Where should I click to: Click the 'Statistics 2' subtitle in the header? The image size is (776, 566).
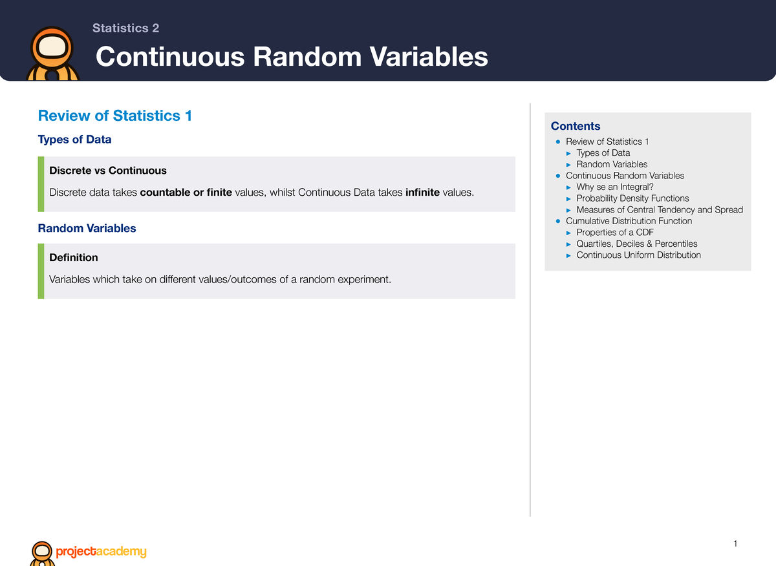tap(125, 28)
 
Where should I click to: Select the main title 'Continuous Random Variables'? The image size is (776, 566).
tap(292, 57)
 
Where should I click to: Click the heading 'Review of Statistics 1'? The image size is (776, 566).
tap(115, 116)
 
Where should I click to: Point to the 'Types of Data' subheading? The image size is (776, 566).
tap(74, 140)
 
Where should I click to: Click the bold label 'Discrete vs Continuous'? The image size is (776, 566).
tap(108, 171)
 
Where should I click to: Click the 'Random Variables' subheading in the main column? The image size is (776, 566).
tap(87, 228)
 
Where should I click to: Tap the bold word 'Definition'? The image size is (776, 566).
tap(74, 257)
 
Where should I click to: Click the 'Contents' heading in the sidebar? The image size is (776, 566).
tap(576, 126)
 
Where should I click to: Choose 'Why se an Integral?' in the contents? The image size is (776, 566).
tap(615, 187)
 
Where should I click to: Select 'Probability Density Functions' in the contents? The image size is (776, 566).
tap(632, 198)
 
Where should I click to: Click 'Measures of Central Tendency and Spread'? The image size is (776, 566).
tap(660, 209)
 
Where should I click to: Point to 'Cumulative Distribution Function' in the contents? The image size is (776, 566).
tap(629, 221)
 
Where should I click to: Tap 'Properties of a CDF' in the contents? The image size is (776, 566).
tap(615, 232)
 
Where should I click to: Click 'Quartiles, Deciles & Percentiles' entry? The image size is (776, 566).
tap(637, 244)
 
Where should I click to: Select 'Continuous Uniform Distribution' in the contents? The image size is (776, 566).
tap(638, 255)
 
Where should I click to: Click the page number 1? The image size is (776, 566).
tap(735, 543)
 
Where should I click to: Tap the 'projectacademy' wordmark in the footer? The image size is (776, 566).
tap(101, 551)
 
